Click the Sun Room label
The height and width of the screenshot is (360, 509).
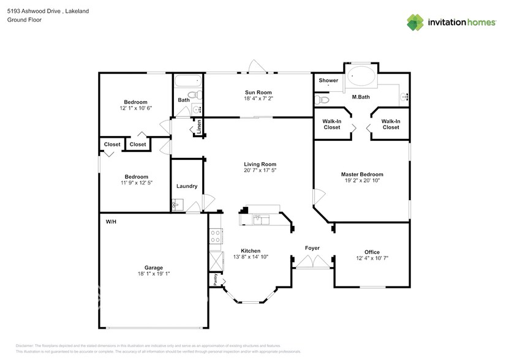(x=258, y=92)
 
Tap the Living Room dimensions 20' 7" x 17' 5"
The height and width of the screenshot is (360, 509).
(x=260, y=171)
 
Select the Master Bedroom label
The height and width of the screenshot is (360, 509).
(x=362, y=174)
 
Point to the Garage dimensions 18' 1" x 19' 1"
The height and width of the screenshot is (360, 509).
(x=153, y=274)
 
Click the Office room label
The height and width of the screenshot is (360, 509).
(x=372, y=252)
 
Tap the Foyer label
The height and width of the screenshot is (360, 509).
(x=312, y=248)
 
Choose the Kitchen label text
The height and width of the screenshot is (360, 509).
(x=251, y=251)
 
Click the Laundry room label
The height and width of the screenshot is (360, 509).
(x=186, y=186)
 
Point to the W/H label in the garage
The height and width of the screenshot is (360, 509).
(x=111, y=221)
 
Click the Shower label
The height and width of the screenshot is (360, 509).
(x=328, y=80)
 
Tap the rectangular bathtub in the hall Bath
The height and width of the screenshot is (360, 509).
(x=187, y=81)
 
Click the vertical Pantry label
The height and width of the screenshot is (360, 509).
(x=216, y=279)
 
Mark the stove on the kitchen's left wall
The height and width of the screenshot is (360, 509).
(x=216, y=236)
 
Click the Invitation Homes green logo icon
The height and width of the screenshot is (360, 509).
(x=416, y=22)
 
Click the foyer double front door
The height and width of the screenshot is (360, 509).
(x=312, y=263)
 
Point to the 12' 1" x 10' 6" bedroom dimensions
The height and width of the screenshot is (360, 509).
(x=135, y=108)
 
